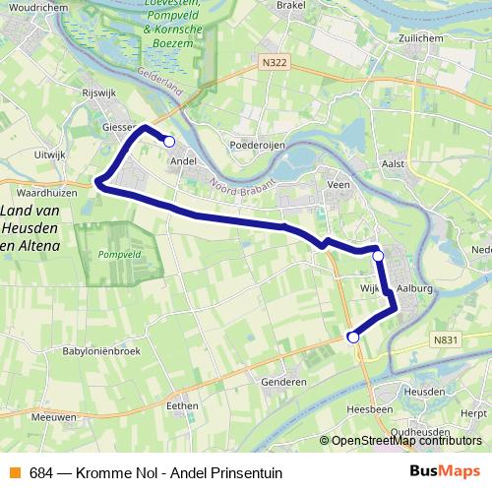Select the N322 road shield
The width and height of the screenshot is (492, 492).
tap(277, 62)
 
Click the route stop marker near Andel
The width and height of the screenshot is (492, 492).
tap(169, 142)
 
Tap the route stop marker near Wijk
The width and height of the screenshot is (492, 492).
tap(378, 256)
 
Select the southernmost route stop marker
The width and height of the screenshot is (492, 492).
tap(353, 338)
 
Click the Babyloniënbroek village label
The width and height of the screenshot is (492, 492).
tap(102, 351)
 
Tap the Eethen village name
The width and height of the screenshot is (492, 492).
tap(183, 405)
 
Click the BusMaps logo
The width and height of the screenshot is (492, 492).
tap(445, 470)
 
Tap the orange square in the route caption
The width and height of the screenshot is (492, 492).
tap(15, 471)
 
